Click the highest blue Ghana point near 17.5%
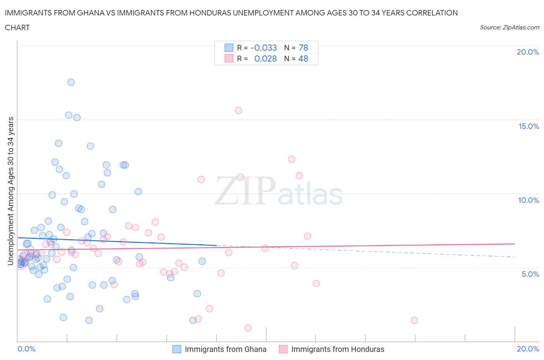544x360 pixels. click(71, 82)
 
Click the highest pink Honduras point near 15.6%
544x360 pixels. click(238, 110)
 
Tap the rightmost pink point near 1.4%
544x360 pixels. click(414, 320)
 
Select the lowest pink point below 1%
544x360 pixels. click(248, 328)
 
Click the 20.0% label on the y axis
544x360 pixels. click(528, 52)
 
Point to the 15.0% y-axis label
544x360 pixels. click(529, 126)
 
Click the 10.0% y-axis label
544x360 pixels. click(529, 200)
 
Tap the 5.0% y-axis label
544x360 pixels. click(530, 274)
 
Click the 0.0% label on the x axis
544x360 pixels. click(26, 349)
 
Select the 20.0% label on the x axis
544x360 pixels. click(528, 349)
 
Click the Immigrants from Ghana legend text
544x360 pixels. click(226, 349)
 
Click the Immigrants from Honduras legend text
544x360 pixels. click(338, 349)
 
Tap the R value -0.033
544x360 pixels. click(263, 48)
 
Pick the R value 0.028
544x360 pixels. click(265, 58)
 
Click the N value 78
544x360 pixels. click(303, 48)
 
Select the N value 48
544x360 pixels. click(303, 58)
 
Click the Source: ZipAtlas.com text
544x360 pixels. click(509, 27)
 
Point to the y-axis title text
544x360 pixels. click(10, 191)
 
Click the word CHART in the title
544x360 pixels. click(17, 27)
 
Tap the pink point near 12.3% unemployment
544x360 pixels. click(291, 159)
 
